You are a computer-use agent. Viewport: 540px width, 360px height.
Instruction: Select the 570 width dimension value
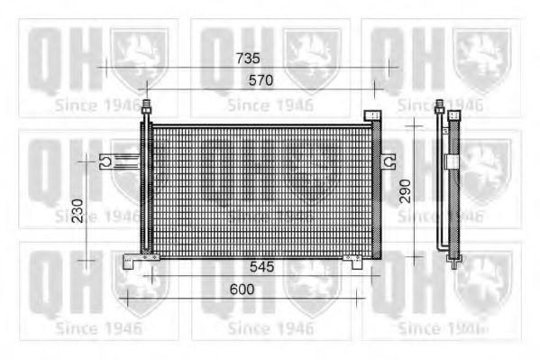tap(261, 80)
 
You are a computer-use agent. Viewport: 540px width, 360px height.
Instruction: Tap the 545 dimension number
tap(262, 268)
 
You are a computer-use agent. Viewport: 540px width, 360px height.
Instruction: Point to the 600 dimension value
tap(242, 290)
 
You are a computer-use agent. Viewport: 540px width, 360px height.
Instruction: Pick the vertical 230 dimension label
tap(78, 210)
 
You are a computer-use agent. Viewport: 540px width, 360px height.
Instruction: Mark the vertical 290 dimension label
tap(407, 190)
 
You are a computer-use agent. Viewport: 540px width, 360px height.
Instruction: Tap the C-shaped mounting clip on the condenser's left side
tap(105, 162)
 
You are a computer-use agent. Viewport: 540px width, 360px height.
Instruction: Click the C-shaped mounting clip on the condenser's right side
tap(389, 162)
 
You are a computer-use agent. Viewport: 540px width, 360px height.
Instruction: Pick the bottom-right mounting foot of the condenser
tap(353, 261)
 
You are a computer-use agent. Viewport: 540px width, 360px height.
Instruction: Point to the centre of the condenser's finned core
tap(261, 190)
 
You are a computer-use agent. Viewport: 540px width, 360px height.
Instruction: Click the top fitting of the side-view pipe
tap(440, 106)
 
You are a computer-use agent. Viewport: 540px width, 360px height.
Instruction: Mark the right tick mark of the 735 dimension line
tap(389, 67)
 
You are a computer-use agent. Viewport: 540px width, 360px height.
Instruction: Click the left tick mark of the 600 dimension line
tap(127, 298)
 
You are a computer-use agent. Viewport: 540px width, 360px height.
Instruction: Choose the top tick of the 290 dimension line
tap(413, 126)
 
